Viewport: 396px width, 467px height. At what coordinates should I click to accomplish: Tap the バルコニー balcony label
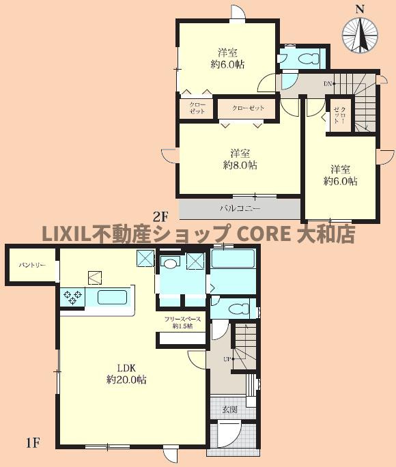pos(239,208)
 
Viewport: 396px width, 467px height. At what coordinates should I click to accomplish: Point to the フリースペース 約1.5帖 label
pos(182,322)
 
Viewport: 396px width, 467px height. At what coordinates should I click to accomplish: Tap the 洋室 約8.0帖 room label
pos(238,159)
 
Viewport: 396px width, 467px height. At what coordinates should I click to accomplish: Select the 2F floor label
pos(160,218)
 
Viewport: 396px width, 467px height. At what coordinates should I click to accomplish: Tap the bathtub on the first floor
pos(232,259)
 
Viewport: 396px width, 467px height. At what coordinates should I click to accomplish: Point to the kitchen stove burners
pos(72,296)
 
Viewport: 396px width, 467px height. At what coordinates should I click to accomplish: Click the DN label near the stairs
pos(328,83)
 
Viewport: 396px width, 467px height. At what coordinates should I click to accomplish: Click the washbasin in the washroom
pos(170,261)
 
